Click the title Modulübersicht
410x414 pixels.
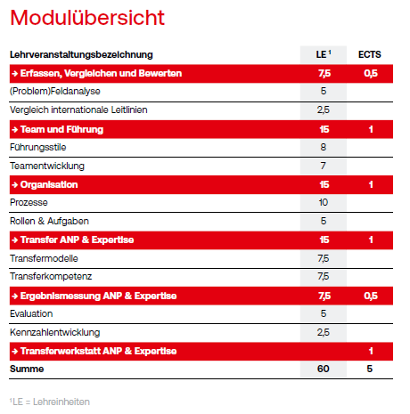tap(87, 18)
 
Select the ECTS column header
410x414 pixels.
tap(370, 54)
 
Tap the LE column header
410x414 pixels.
tap(324, 54)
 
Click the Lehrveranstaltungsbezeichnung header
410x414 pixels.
tap(81, 55)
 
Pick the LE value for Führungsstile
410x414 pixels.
tap(324, 147)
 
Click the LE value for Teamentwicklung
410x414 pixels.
tap(324, 166)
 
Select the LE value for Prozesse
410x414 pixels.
tap(324, 202)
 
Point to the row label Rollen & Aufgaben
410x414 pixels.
tap(49, 221)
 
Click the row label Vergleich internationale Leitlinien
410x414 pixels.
tap(78, 110)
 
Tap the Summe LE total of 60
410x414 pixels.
tap(324, 369)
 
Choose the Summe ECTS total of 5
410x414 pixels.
tap(370, 369)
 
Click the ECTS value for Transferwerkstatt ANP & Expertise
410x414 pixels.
tap(371, 351)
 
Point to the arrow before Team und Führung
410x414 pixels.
tap(15, 129)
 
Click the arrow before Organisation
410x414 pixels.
tap(15, 184)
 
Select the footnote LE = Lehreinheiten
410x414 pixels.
tap(50, 402)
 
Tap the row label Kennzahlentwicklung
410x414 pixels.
tap(55, 333)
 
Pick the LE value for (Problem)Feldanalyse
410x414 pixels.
tap(324, 91)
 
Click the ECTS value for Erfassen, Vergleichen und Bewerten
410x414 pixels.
tap(371, 73)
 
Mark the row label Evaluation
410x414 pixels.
tap(31, 313)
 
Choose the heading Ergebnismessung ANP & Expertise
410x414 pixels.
tap(98, 296)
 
